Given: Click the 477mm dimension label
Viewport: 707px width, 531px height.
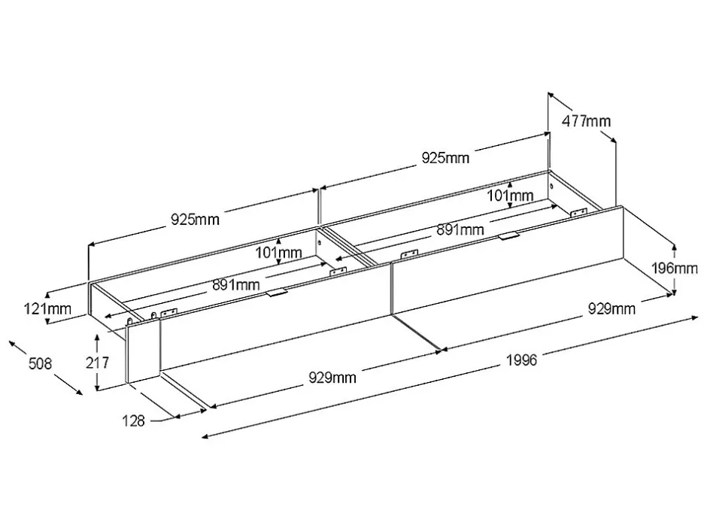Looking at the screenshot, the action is [586, 121].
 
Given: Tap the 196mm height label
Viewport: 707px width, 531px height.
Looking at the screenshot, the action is [675, 269].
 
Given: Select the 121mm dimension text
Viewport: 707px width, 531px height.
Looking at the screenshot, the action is [47, 309].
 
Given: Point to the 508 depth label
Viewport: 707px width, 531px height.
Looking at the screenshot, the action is [40, 363].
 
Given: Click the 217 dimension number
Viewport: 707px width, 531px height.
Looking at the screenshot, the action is [97, 363].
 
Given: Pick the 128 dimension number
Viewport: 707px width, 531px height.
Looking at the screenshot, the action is [133, 421].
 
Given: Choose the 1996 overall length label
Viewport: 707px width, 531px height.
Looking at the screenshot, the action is [522, 360].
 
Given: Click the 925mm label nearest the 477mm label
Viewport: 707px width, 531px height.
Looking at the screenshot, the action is [445, 158].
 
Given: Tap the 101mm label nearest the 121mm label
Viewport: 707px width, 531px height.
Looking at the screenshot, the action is [278, 253].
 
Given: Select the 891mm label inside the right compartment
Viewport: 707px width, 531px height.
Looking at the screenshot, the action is [460, 230].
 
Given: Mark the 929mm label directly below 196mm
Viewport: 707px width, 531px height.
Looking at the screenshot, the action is [612, 309].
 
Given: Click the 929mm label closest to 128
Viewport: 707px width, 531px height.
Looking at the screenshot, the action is [332, 378].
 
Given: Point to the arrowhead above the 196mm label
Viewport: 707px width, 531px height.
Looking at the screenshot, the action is [674, 247].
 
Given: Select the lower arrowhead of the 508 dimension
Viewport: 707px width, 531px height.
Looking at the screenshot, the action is [80, 392].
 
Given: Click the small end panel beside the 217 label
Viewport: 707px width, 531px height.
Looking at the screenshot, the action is [143, 350].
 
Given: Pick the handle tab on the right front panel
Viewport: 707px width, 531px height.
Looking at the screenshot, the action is [509, 236].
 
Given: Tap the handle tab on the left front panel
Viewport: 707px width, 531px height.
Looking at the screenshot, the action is [276, 293].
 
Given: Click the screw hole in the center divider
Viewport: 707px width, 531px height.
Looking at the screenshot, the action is [320, 242].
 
